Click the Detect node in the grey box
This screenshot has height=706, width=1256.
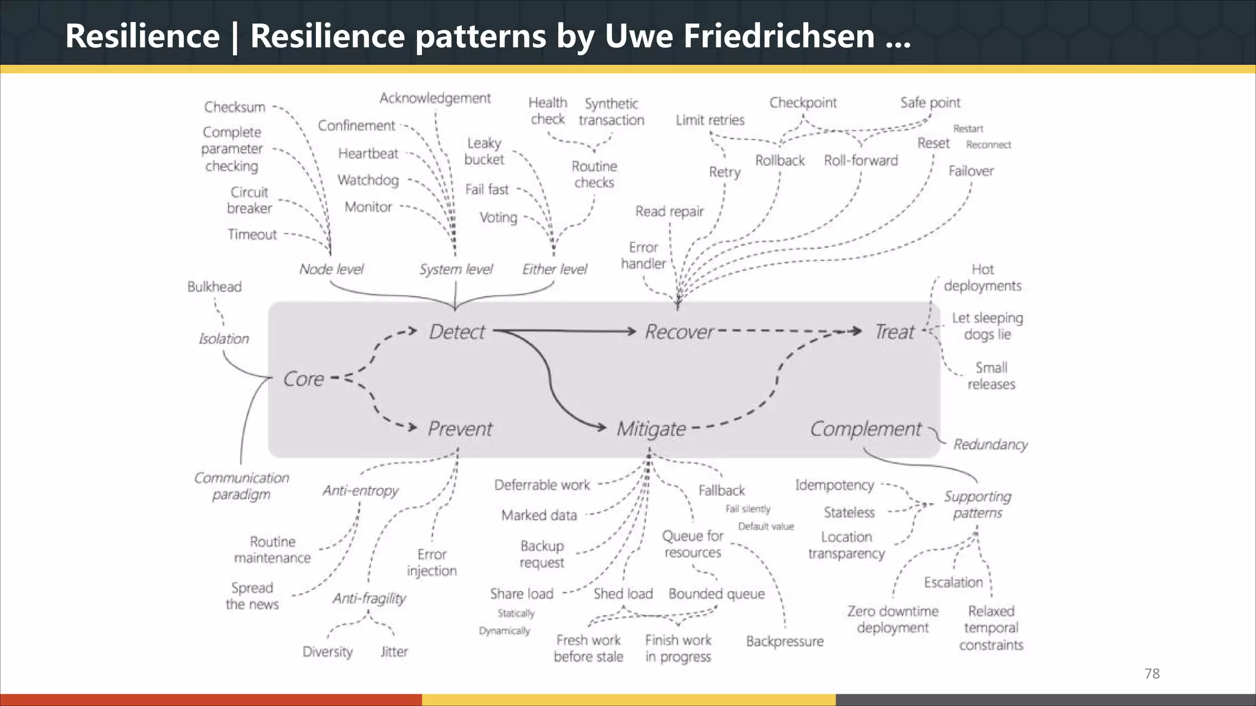[457, 332]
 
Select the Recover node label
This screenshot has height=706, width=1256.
[679, 332]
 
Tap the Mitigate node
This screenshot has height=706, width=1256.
[651, 429]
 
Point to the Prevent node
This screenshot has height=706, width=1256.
[460, 429]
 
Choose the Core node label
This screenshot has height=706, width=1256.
[304, 379]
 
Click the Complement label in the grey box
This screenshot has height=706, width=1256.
[865, 429]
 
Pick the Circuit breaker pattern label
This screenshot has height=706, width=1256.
[249, 200]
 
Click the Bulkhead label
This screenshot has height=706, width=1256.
[214, 287]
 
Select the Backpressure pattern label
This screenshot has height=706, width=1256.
[784, 642]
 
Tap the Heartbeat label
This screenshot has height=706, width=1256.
[368, 154]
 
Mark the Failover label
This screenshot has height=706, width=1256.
[971, 171]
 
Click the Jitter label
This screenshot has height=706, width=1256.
[394, 652]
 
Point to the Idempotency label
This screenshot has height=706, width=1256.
[834, 485]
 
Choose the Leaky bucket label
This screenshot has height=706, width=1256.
[484, 151]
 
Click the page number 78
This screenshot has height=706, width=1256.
[1152, 674]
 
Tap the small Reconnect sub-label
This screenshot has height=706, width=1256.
[988, 145]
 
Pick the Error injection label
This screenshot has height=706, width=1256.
[432, 563]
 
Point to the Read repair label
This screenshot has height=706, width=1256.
[669, 212]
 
